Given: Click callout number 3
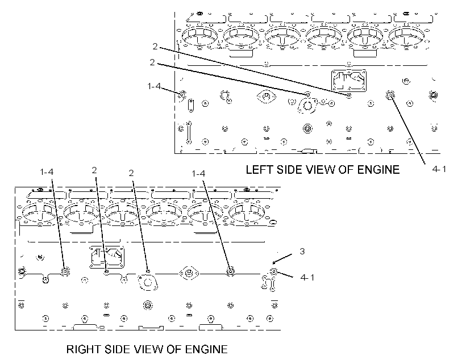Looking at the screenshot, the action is pyautogui.click(x=302, y=252).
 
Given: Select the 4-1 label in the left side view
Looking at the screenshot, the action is pyautogui.click(x=439, y=169).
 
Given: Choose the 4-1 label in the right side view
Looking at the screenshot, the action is pyautogui.click(x=307, y=278).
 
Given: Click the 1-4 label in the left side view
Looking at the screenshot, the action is pyautogui.click(x=154, y=86).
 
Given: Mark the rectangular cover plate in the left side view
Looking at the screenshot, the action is pyautogui.click(x=348, y=81).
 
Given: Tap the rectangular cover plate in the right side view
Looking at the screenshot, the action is pyautogui.click(x=107, y=257).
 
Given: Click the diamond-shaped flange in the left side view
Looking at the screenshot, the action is pyautogui.click(x=267, y=96).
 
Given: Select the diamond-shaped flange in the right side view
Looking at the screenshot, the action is pyautogui.click(x=189, y=273).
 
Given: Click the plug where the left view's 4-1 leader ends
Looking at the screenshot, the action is pyautogui.click(x=390, y=95).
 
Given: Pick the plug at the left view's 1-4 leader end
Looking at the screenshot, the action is pyautogui.click(x=182, y=95).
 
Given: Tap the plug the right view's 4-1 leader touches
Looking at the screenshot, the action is pyautogui.click(x=273, y=272).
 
